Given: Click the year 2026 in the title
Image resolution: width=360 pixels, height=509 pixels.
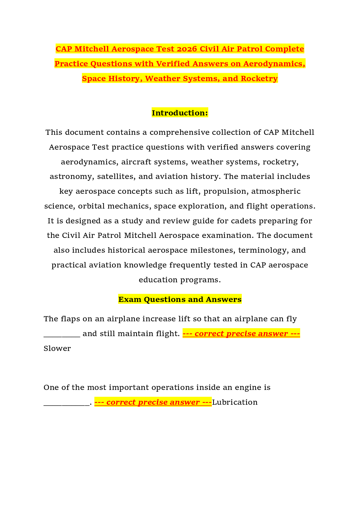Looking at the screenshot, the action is coord(187,49).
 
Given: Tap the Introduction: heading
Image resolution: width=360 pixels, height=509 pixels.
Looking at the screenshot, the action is coord(180,113).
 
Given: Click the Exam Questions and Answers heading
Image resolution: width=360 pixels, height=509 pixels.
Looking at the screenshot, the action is coord(180,299).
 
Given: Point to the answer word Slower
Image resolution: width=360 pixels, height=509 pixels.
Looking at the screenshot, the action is coord(57,348).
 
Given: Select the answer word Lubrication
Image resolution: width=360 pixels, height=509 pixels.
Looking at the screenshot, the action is coord(235,402).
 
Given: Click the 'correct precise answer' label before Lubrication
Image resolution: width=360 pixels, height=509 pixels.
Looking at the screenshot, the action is coord(153,402).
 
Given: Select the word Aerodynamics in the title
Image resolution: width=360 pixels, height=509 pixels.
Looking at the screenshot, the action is coord(274,63).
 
